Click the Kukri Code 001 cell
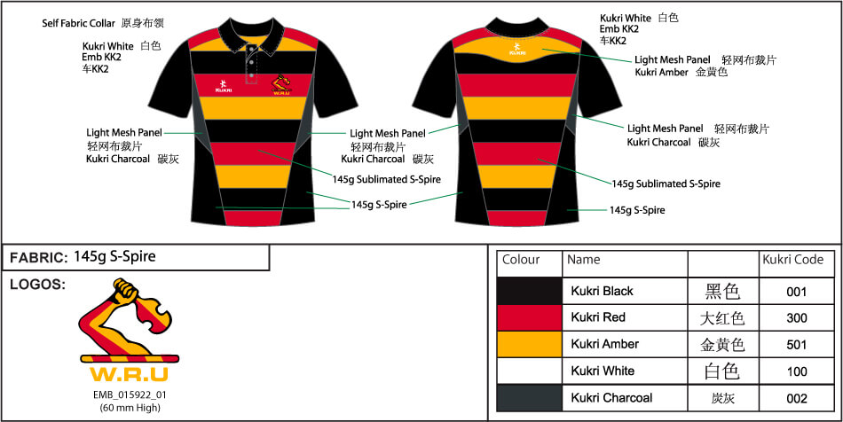tap(796, 291)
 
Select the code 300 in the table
tap(796, 317)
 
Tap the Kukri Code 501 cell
tap(796, 344)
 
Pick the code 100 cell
tap(796, 371)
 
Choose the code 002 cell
tap(796, 398)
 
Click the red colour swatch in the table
tap(529, 317)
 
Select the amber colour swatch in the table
tap(529, 344)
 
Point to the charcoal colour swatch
tap(529, 398)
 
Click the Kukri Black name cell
tap(602, 291)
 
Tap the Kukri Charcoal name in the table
tap(611, 398)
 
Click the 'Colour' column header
tap(521, 261)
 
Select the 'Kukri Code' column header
tap(792, 261)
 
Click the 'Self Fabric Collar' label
tap(79, 23)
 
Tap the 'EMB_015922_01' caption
tap(130, 395)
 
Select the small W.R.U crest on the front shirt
tap(281, 86)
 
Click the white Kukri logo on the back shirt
tap(516, 50)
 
